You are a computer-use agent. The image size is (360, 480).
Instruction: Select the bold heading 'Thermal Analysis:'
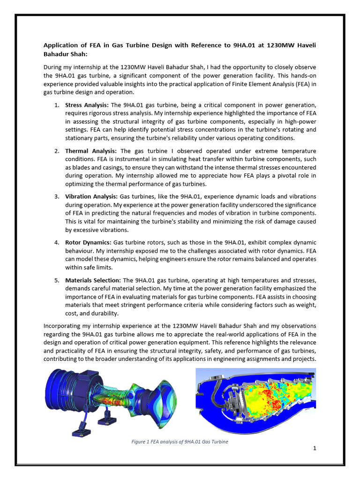[91, 151]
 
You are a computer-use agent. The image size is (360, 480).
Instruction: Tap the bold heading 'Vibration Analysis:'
[92, 196]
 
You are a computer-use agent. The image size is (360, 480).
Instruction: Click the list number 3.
[56, 196]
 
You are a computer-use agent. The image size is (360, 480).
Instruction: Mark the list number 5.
[56, 280]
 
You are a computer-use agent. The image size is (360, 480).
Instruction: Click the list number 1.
[56, 105]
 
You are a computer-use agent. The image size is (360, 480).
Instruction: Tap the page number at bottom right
[315, 448]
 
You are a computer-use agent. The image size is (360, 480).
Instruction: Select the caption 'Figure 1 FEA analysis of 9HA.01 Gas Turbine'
[180, 442]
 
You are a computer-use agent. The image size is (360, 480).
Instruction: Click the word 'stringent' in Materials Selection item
[134, 305]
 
